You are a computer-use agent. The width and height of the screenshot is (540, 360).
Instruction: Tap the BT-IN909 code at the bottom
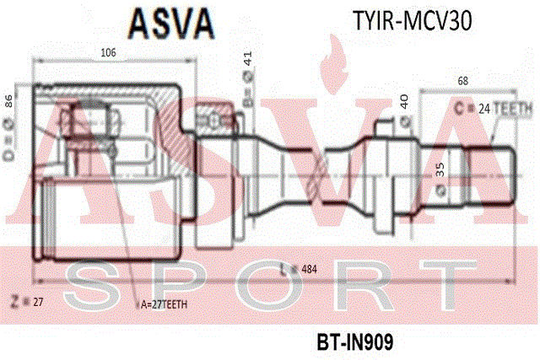(355, 342)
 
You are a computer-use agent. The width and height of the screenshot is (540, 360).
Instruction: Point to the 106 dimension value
(107, 53)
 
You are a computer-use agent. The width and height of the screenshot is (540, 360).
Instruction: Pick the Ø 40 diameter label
(406, 105)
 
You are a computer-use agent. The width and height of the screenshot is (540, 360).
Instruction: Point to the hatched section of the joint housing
(172, 126)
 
